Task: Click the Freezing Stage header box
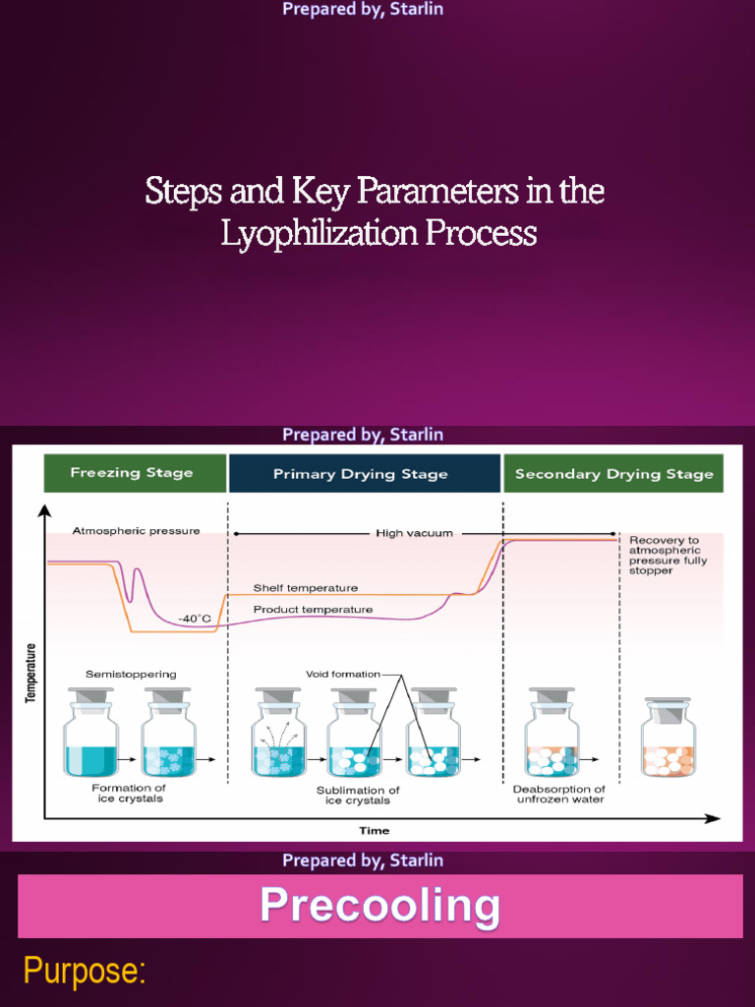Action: coord(132,473)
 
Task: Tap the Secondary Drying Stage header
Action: coord(613,473)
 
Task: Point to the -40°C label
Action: coord(195,619)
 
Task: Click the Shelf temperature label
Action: coord(306,588)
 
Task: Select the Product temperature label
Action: coord(313,610)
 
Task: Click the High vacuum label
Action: coord(414,533)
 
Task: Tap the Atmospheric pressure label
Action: coord(136,531)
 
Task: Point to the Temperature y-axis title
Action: coord(30,673)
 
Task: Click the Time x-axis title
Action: coord(374,830)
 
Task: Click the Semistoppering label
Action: coord(131,675)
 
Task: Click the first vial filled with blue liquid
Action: coord(90,736)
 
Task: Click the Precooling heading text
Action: coord(379,906)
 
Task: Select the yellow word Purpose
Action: coord(85,972)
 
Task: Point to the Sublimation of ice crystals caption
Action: coord(358,795)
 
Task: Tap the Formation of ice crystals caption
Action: coord(129,793)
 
